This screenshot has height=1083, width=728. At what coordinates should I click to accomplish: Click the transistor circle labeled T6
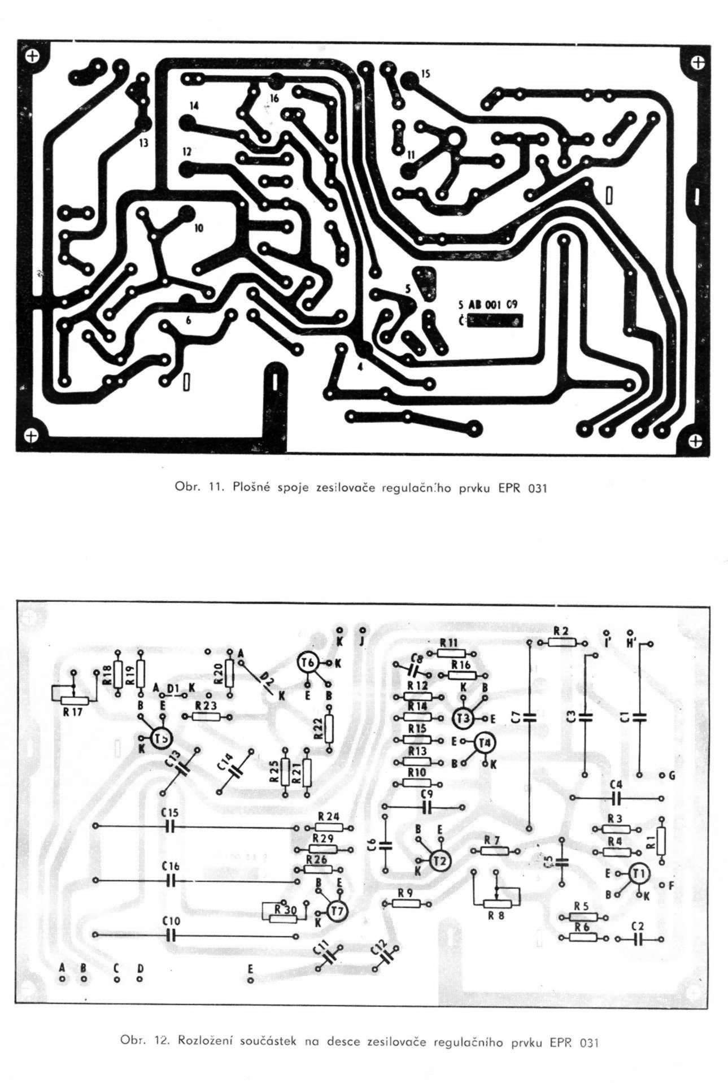309,663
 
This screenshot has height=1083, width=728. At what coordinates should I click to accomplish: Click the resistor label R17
73,712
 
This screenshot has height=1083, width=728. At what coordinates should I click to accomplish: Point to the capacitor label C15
170,812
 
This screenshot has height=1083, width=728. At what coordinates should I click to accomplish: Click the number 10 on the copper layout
198,228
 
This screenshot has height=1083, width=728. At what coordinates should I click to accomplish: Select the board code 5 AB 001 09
489,303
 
